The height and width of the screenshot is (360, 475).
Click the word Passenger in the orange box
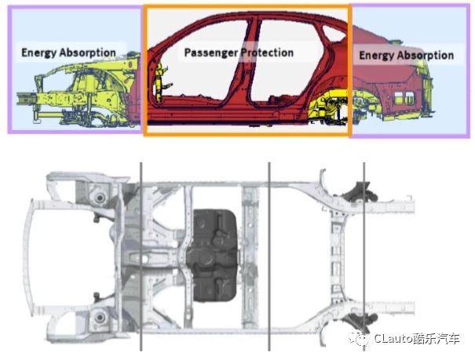point(211,53)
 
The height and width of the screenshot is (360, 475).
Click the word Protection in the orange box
point(266,53)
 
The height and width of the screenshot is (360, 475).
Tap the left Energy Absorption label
point(69,53)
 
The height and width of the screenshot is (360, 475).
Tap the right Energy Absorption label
point(406,56)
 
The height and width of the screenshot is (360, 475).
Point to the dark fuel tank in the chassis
point(213,256)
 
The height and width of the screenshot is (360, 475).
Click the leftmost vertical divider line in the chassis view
point(141,256)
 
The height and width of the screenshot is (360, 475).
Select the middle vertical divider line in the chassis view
point(269,256)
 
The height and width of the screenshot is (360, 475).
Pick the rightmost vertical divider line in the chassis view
point(364,256)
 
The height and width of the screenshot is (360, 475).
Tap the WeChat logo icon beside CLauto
point(360,338)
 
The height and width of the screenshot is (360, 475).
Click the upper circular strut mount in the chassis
point(100,198)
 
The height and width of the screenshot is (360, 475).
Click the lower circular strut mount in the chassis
point(100,318)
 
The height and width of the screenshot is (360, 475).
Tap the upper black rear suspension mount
point(360,193)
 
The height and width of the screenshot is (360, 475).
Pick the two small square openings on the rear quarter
point(404,98)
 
